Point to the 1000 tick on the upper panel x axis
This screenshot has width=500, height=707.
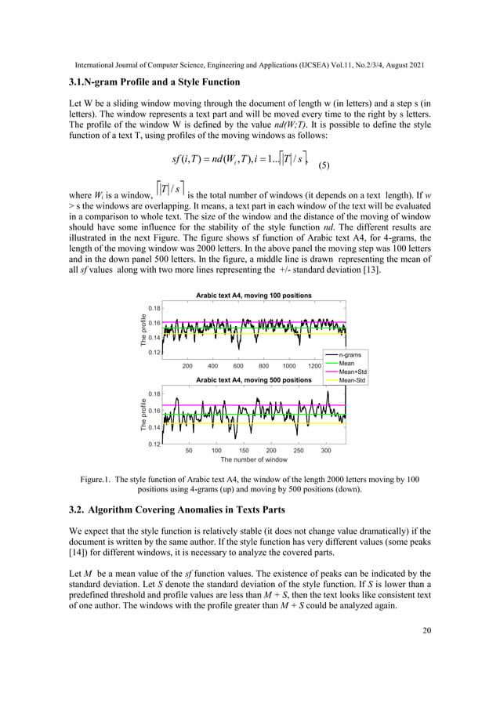[x=289, y=366]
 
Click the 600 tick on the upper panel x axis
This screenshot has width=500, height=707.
[x=237, y=366]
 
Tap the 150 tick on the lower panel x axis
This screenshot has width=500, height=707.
[x=243, y=451]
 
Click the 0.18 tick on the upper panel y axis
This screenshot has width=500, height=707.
[x=154, y=308]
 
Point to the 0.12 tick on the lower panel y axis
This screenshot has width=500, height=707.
[x=154, y=444]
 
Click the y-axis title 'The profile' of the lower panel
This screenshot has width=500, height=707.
[x=143, y=417]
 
